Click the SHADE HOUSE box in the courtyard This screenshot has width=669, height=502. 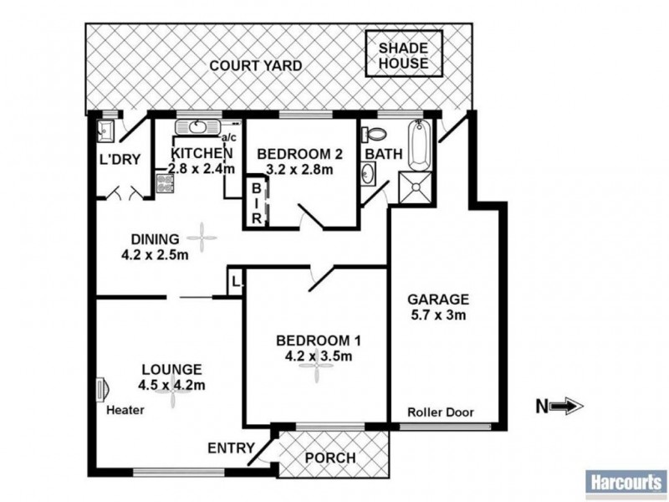click(404, 54)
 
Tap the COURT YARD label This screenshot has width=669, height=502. click(256, 66)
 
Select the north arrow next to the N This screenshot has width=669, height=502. click(567, 406)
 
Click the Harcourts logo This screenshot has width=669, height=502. click(626, 484)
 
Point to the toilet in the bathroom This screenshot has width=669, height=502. click(374, 134)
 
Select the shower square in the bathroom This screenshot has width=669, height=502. click(415, 187)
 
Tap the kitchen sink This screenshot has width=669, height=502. click(197, 127)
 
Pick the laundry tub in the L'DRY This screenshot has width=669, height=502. click(105, 131)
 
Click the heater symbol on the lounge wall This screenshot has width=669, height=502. click(102, 390)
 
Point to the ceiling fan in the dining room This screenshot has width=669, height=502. click(202, 238)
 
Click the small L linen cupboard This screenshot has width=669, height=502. click(235, 281)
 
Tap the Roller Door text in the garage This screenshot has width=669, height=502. click(441, 412)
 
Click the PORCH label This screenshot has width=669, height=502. click(330, 458)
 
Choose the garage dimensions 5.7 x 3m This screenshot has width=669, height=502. click(438, 315)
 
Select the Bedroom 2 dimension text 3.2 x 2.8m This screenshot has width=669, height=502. click(299, 169)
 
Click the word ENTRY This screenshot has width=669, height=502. click(231, 448)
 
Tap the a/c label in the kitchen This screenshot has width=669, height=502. click(229, 138)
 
